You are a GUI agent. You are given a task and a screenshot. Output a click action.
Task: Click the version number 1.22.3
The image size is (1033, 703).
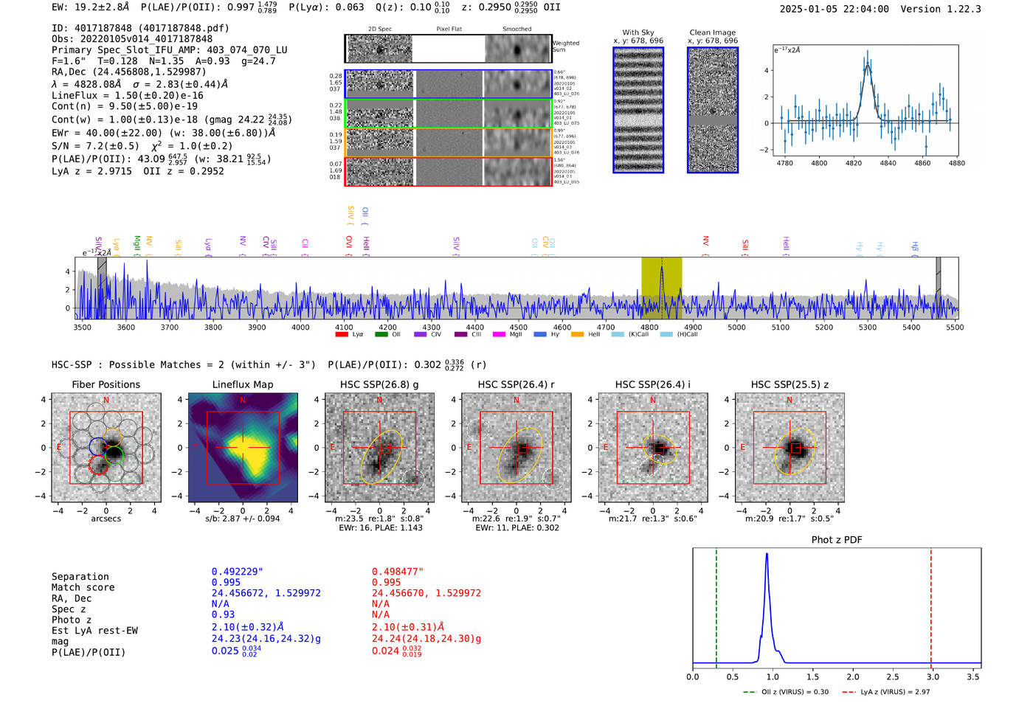pos(962,10)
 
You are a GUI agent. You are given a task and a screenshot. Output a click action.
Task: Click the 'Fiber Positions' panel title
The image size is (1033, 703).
pos(106,384)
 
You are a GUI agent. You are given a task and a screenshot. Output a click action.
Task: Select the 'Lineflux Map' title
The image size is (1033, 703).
pos(242,384)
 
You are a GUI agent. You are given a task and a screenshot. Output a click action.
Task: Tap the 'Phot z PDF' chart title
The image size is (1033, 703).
pos(836,540)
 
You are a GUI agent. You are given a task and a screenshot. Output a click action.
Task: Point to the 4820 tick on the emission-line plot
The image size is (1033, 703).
pos(853,163)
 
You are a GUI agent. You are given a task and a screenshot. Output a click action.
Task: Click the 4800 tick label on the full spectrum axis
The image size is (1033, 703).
pos(649,327)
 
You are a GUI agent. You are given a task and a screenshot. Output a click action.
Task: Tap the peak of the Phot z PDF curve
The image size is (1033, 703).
pos(767,554)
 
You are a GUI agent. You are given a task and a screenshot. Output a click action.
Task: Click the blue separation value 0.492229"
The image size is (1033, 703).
pos(237,572)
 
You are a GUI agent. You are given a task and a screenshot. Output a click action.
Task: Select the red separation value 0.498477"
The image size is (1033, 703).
pos(397,572)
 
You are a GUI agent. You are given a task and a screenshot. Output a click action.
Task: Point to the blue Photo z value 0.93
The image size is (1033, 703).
pos(223,614)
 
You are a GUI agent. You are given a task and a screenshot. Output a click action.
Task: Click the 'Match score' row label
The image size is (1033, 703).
pos(83,588)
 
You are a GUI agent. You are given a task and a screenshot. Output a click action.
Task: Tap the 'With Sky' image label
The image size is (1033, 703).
pos(638,32)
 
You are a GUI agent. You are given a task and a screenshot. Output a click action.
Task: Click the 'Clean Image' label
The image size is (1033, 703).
pos(712,32)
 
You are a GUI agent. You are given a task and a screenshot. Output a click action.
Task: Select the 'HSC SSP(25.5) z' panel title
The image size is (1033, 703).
pos(790,384)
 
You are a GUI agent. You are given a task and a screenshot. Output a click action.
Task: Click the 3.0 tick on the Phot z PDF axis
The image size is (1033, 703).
pos(933,676)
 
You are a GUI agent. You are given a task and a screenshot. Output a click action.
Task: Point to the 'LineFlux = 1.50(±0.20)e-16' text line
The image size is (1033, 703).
pos(127,96)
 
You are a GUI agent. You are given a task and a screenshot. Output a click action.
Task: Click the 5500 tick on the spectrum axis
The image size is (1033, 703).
pos(955,327)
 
